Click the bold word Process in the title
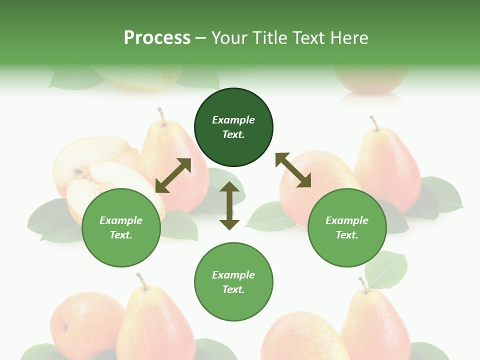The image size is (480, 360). coord(157,38)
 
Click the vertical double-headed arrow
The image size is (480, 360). coord(229,205)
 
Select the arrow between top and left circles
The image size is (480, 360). coord(173,175)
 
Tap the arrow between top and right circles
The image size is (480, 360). coord(293,170)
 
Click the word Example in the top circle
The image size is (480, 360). coord(233,120)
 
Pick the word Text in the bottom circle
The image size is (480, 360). coord(233,289)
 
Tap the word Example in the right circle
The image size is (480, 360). coord(347,220)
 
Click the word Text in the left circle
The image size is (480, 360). coord(121,235)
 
